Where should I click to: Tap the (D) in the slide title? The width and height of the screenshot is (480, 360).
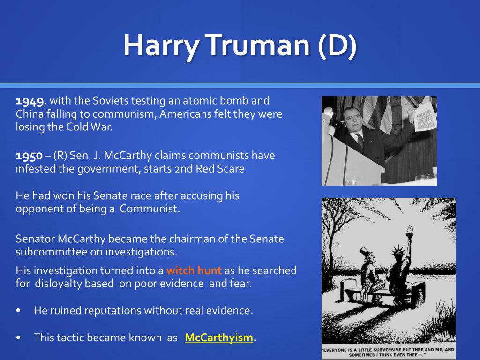(337, 45)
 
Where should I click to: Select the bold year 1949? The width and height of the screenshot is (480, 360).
(30, 101)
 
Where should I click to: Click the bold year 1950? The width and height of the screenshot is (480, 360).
(29, 156)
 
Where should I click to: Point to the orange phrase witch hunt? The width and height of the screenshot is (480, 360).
(194, 270)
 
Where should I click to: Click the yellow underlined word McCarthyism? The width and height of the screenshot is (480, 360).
(219, 337)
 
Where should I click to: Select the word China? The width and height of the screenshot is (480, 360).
(30, 114)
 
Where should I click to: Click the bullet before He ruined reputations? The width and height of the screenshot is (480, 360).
(19, 310)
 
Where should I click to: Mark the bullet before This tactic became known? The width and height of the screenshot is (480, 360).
(19, 337)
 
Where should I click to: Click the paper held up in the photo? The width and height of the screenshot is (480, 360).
(425, 116)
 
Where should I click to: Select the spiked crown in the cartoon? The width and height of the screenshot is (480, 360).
(397, 252)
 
